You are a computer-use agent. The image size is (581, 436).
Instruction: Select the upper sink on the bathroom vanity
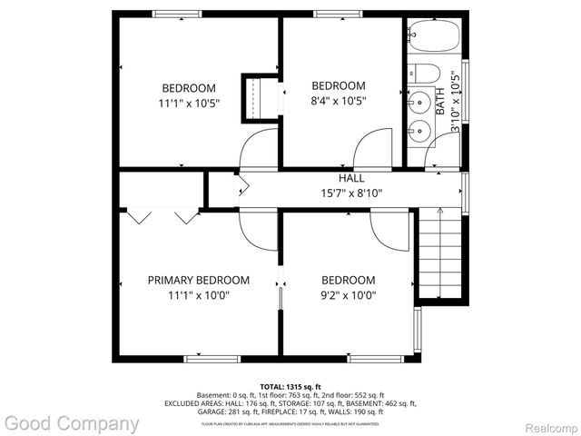[x=419, y=101]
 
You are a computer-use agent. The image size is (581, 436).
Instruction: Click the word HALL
[x=352, y=178]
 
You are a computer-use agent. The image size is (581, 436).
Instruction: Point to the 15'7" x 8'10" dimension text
[x=352, y=193]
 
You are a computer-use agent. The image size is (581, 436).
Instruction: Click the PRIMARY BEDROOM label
[x=198, y=280]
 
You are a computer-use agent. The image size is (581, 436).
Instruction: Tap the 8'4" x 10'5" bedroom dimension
[x=339, y=101]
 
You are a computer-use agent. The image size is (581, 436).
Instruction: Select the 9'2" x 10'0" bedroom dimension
[x=349, y=294]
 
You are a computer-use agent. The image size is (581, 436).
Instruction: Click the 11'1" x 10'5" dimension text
[x=189, y=103]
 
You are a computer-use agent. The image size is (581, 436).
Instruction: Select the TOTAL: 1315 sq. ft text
[x=290, y=385]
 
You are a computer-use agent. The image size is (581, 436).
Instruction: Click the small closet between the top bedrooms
[x=258, y=97]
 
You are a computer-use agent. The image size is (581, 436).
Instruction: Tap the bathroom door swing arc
[x=437, y=160]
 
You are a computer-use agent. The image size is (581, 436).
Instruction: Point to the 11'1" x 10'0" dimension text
[x=198, y=294]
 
